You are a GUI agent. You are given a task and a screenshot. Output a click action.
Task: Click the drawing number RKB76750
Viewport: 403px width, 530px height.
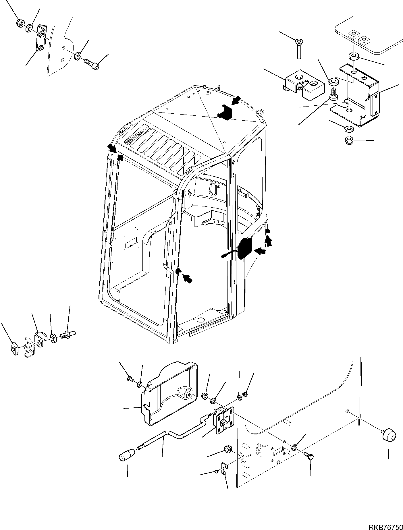coord(384,525)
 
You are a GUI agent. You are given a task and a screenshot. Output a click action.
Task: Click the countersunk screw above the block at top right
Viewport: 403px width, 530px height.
coord(298,49)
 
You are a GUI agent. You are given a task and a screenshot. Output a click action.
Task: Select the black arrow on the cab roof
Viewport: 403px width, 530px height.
coord(237,100)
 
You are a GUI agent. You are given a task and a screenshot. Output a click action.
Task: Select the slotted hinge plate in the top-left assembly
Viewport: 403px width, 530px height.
coord(41,38)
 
